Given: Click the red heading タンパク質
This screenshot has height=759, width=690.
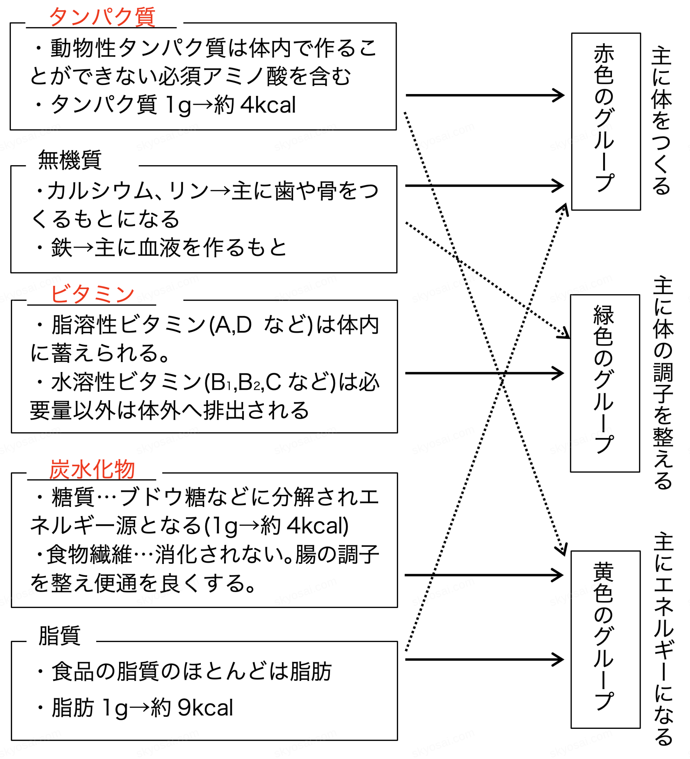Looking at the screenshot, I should [x=102, y=17].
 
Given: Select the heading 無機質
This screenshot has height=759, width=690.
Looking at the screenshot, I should [x=70, y=160].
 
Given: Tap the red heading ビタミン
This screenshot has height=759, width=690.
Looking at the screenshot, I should [x=92, y=294].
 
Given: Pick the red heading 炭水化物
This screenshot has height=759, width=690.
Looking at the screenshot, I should [x=92, y=470].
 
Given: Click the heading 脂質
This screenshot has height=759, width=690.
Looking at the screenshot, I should [x=60, y=636].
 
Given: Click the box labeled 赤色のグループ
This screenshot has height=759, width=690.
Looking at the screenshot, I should [x=606, y=121].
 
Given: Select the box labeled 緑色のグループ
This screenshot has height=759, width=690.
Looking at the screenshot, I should [x=605, y=383].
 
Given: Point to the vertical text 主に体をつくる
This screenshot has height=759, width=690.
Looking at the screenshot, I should [x=661, y=121].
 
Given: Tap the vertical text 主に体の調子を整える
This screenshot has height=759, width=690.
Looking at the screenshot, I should [x=663, y=382].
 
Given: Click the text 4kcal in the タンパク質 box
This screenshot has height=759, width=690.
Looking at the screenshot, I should [x=268, y=105].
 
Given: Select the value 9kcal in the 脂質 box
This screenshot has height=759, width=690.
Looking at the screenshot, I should [x=206, y=707].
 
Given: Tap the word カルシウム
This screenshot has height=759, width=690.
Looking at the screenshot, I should [x=100, y=191].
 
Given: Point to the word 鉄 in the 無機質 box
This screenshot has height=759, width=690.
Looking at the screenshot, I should [x=61, y=247].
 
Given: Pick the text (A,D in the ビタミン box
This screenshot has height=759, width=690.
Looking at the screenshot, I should [x=230, y=325].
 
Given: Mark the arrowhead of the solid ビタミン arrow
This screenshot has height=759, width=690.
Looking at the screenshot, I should [x=559, y=373].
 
